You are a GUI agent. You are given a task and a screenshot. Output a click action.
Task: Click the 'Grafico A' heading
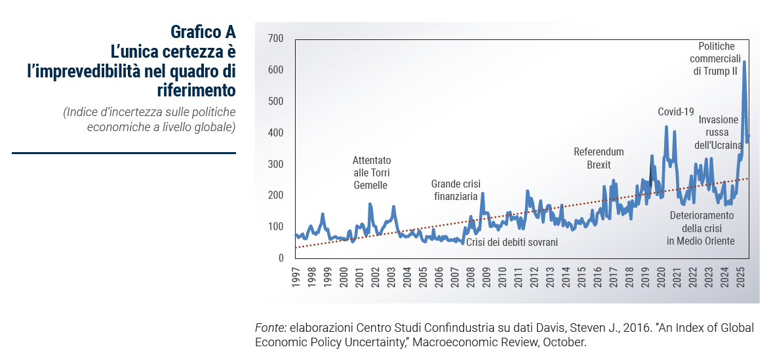coord(203,31)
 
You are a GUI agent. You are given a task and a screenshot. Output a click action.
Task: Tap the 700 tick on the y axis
coord(275,39)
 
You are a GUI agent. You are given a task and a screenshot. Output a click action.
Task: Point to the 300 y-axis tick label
coord(275,165)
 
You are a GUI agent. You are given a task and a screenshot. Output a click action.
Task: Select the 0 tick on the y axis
coord(280,258)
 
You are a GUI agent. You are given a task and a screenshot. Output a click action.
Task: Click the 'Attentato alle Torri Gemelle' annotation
coord(371,172)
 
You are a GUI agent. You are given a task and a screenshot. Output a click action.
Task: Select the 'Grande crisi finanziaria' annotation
coord(455,190)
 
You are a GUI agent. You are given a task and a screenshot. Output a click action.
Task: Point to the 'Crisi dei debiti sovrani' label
coord(512,243)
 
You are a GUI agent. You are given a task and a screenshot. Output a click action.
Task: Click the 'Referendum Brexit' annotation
coord(599,158)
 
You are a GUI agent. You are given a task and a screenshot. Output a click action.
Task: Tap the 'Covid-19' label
coord(675,112)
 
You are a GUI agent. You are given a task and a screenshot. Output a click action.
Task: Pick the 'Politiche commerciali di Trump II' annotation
coord(716,58)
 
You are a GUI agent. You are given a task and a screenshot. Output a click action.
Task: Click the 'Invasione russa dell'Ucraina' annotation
coord(718,132)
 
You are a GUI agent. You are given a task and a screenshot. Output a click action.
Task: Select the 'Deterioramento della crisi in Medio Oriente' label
coord(701,228)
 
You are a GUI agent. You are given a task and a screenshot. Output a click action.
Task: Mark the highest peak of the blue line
coord(744,62)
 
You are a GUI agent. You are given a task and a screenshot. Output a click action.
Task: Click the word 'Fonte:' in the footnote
coord(270,328)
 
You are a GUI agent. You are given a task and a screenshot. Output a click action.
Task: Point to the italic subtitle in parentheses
coord(149,119)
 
